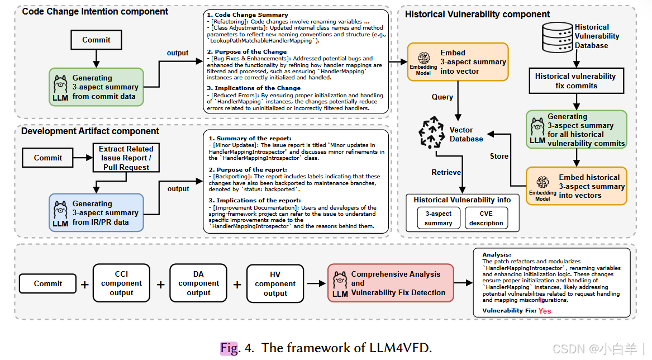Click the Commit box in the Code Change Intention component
coord(97,40)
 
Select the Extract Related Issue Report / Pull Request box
coord(126,158)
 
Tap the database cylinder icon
coord(558,37)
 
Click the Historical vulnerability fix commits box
coord(577,80)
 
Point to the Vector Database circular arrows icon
coord(431,132)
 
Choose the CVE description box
coord(486,218)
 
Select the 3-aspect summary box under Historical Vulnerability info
coord(438,218)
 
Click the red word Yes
coord(545,311)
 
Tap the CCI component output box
coord(121,283)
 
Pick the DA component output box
coord(198,283)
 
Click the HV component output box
coord(275,283)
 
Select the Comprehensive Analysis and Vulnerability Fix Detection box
coord(391,283)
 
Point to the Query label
coord(442,97)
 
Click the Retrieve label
coord(446,172)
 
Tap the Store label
coord(499,156)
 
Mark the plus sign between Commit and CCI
coord(84,285)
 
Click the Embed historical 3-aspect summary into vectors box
coord(577,186)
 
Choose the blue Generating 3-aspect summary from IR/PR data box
coord(97,212)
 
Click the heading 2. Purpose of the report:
coord(248,170)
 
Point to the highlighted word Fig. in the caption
coord(230,348)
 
